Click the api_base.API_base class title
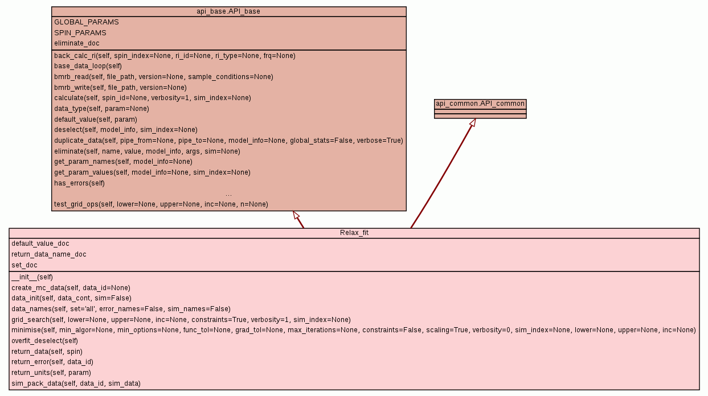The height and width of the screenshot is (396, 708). (x=228, y=11)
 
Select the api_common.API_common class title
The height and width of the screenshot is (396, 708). (x=480, y=104)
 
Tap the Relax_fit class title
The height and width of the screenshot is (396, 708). (x=354, y=233)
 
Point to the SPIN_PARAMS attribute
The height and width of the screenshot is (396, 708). (x=80, y=33)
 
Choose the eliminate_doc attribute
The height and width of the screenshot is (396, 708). (x=77, y=43)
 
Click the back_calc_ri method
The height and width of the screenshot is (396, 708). (x=175, y=56)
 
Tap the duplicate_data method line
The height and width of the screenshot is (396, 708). (x=228, y=141)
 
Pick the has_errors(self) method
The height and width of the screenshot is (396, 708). (x=80, y=183)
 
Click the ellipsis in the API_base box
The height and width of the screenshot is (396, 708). (x=228, y=194)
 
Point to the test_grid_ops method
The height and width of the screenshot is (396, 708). (x=161, y=204)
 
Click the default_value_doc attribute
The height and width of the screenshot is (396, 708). (x=40, y=244)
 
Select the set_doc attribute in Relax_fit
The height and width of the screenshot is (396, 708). (x=24, y=265)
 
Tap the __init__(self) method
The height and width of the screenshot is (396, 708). (x=32, y=277)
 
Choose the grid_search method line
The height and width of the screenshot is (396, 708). (x=181, y=320)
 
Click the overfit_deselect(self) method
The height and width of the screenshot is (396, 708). (x=44, y=341)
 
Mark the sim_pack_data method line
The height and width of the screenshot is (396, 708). (x=76, y=383)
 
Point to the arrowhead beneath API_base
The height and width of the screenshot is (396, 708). (x=296, y=215)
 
